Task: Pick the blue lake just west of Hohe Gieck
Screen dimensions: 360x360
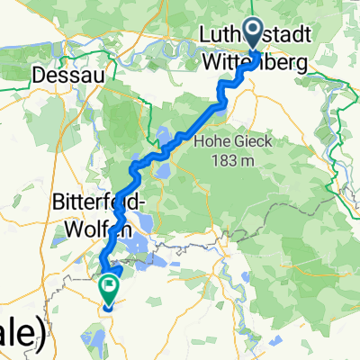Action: (x=166, y=139)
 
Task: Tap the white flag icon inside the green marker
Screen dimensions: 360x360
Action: (x=110, y=288)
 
